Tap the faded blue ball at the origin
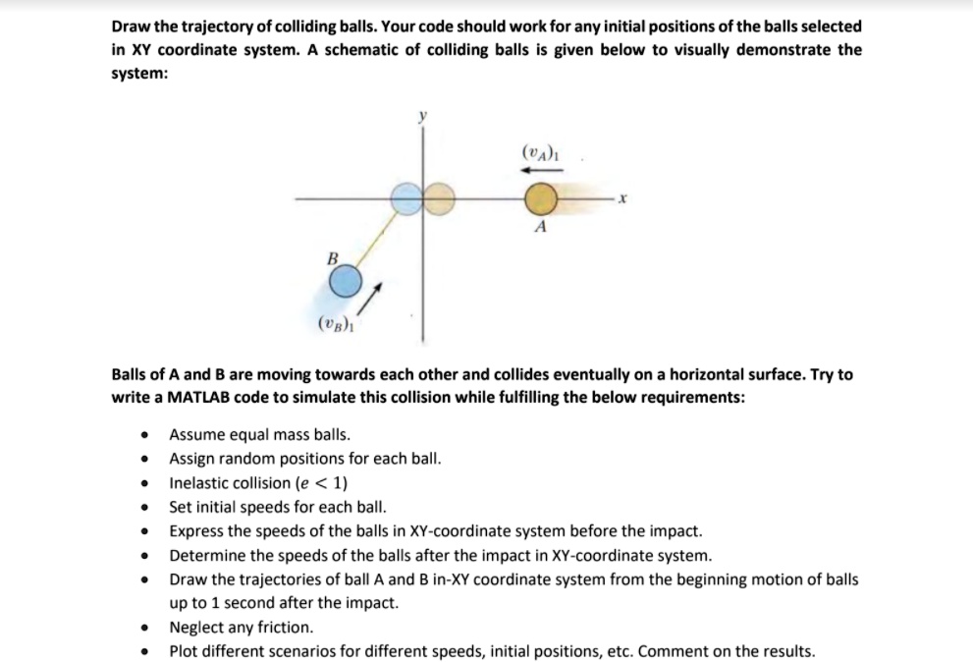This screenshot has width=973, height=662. pyautogui.click(x=407, y=199)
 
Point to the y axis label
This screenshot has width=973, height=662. pyautogui.click(x=423, y=116)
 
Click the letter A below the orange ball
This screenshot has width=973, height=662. pyautogui.click(x=538, y=228)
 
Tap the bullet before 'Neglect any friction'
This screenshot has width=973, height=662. pyautogui.click(x=145, y=628)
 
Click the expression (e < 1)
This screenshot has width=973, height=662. pyautogui.click(x=321, y=483)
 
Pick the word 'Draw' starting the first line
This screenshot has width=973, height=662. pyautogui.click(x=132, y=27)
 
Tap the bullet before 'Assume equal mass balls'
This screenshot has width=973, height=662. pyautogui.click(x=145, y=434)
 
